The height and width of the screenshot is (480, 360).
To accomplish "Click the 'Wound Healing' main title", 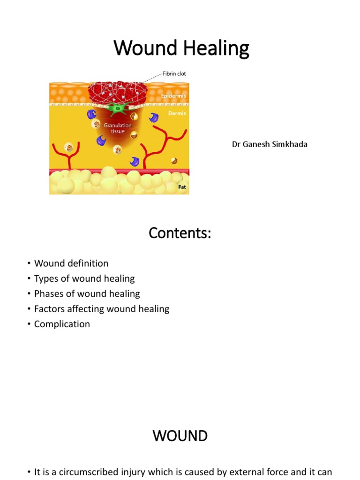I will click(x=181, y=48).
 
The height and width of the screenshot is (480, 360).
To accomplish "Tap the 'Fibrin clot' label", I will click(x=174, y=74).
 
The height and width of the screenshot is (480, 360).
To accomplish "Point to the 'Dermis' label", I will click(x=177, y=113).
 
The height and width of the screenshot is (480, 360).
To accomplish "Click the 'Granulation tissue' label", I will click(x=118, y=128).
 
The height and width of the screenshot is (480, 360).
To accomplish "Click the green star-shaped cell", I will click(x=115, y=109).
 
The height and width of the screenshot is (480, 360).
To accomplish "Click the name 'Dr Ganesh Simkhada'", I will click(x=270, y=144).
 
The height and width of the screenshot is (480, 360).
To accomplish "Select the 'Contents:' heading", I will click(x=180, y=233).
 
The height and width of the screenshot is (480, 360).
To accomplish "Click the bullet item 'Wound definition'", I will click(x=71, y=263).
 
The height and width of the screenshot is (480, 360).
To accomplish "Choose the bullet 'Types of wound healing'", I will click(x=84, y=278).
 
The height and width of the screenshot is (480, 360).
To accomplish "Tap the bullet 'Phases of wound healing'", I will click(x=87, y=294).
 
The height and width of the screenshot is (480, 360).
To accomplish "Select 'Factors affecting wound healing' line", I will click(x=102, y=309).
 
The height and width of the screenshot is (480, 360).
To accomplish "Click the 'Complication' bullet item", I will click(x=62, y=324).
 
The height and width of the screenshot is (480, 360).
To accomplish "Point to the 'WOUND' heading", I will click(x=180, y=436).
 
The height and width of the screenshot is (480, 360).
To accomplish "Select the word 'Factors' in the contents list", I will click(x=49, y=309).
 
